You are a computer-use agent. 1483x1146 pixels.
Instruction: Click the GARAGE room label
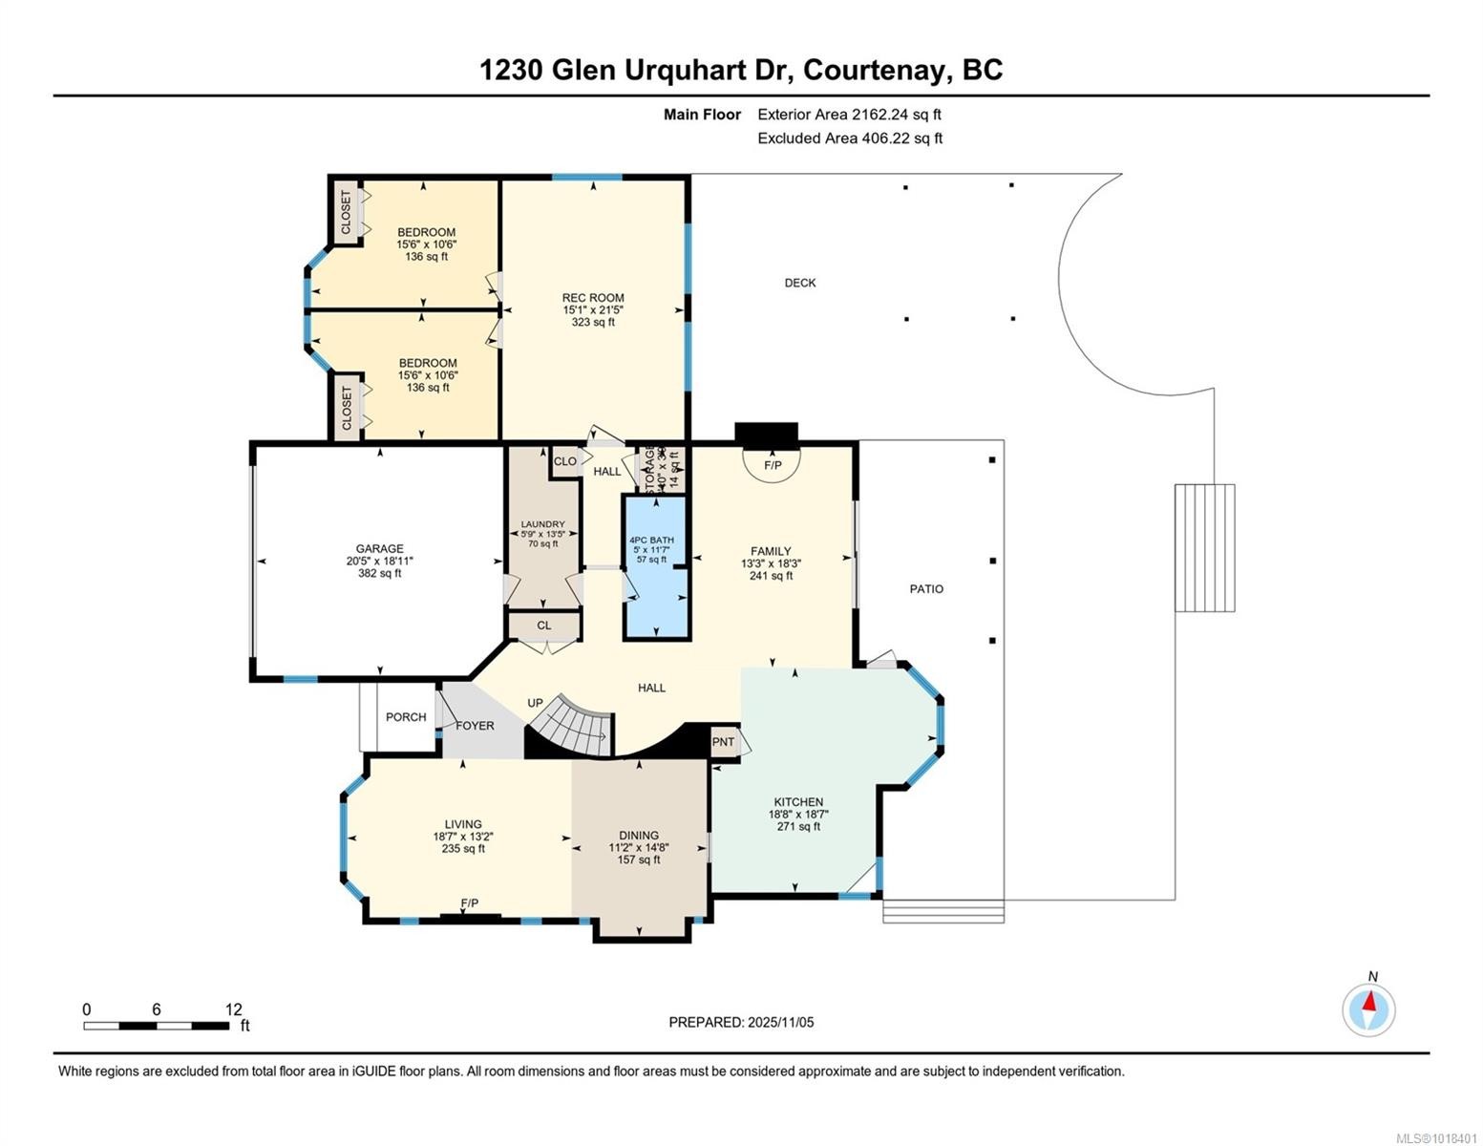point(379,549)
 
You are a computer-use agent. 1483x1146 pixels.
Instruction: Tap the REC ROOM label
point(592,298)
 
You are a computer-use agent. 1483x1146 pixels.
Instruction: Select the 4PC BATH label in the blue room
point(651,541)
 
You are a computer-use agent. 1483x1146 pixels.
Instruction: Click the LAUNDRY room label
point(542,524)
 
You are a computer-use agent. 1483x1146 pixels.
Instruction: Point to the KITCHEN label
point(798,802)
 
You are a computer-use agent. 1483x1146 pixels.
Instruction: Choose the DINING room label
point(638,836)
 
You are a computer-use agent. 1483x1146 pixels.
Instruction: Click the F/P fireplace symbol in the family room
point(772,465)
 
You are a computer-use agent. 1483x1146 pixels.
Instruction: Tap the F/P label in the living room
point(469,903)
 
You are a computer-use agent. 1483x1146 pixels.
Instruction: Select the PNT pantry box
point(724,742)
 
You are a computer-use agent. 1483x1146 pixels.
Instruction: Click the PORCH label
point(406,717)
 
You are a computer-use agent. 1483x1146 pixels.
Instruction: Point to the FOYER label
point(475,726)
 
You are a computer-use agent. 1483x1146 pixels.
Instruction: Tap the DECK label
point(800,283)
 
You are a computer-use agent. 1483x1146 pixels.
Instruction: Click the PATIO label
point(926,589)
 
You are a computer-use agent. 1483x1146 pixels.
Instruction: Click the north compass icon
point(1368,1008)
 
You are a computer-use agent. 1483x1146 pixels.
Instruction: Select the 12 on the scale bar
point(234,1009)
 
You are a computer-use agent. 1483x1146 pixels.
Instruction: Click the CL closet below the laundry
point(543,626)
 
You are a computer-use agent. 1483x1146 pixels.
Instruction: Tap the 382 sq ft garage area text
point(379,574)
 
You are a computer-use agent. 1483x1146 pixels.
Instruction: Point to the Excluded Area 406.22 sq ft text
point(850,138)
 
